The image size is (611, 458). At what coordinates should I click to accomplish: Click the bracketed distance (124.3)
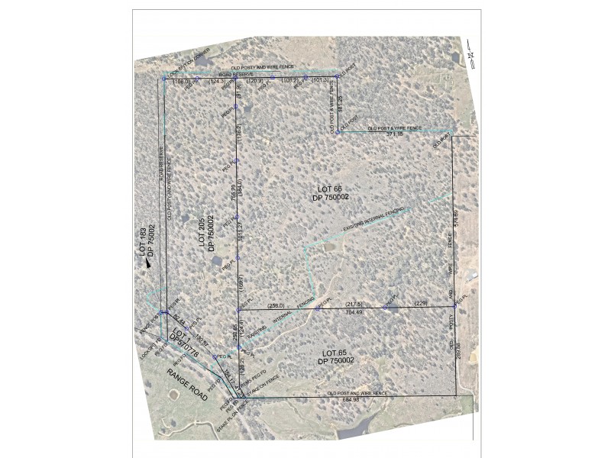tap(216, 80)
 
